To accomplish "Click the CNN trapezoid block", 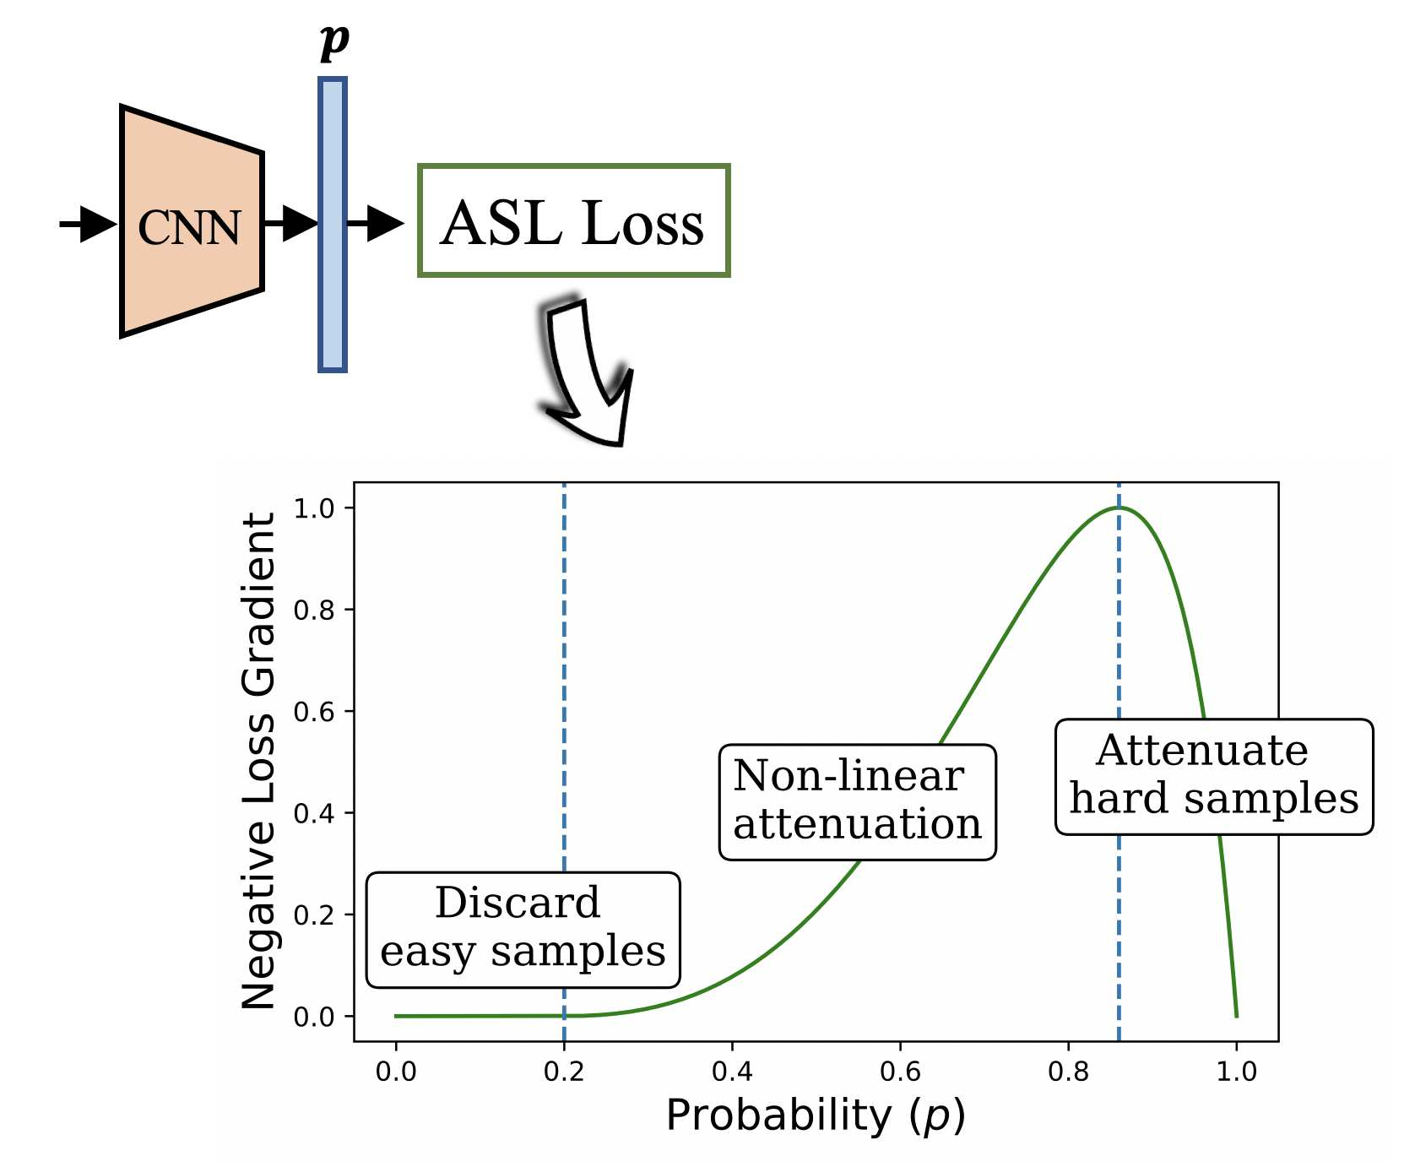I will pyautogui.click(x=192, y=222).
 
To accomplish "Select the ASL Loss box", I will pyautogui.click(x=573, y=221).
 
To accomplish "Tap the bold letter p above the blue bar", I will pyautogui.click(x=334, y=40).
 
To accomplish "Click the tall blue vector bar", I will pyautogui.click(x=333, y=225).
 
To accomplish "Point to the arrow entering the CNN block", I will pyautogui.click(x=89, y=224).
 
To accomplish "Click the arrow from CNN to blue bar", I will pyautogui.click(x=291, y=223).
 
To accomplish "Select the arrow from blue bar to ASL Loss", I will pyautogui.click(x=376, y=224).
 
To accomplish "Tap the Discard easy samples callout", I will pyautogui.click(x=523, y=929).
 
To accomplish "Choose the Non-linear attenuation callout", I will pyautogui.click(x=857, y=801).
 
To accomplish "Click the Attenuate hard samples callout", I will pyautogui.click(x=1213, y=776).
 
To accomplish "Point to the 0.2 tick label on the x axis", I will pyautogui.click(x=563, y=1072).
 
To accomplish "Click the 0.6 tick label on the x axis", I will pyautogui.click(x=900, y=1072).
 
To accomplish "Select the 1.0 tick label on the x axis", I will pyautogui.click(x=1236, y=1072).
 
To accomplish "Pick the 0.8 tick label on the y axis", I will pyautogui.click(x=313, y=610).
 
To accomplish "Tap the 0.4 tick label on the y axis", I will pyautogui.click(x=313, y=813).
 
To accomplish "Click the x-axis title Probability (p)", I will pyautogui.click(x=815, y=1116).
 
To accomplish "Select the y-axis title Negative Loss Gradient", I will pyautogui.click(x=259, y=760).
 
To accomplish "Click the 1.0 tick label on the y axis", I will pyautogui.click(x=313, y=508).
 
